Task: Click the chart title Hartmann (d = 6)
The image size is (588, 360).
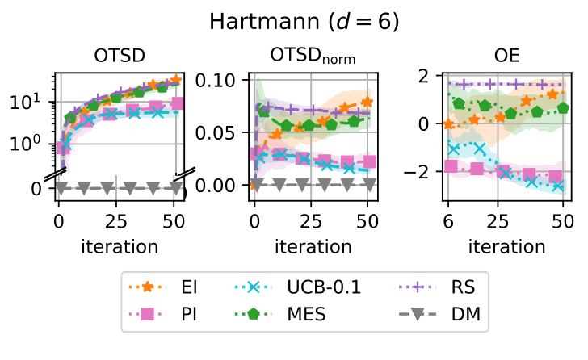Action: pyautogui.click(x=295, y=22)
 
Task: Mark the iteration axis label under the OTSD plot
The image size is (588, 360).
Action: pyautogui.click(x=118, y=245)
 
